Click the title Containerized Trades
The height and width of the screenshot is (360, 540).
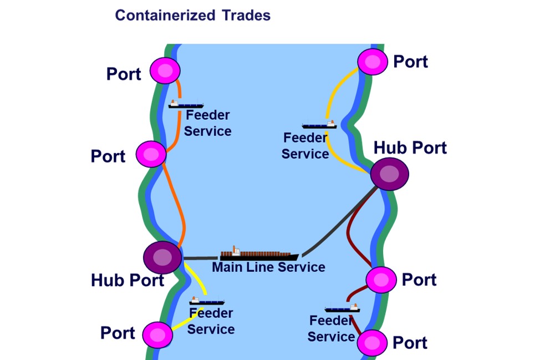[x=192, y=15]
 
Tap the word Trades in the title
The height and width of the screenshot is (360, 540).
[x=246, y=15]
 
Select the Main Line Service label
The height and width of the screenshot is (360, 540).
[x=268, y=267]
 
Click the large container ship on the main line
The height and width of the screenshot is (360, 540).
[x=259, y=255]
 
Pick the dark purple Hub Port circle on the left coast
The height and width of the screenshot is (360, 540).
[x=162, y=257]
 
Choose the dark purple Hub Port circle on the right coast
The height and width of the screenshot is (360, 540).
[x=390, y=174]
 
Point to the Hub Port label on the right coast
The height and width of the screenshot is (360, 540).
[x=410, y=148]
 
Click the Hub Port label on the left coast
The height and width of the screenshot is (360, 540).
[x=128, y=280]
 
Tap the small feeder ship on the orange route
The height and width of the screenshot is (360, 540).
[x=186, y=104]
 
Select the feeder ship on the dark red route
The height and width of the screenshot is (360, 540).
[x=342, y=308]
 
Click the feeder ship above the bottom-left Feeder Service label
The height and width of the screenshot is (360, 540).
[x=207, y=301]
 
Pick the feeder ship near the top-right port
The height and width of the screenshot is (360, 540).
[x=319, y=125]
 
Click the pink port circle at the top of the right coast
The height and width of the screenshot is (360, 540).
[x=373, y=61]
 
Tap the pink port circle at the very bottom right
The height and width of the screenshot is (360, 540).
[x=372, y=343]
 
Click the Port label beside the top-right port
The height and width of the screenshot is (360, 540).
[x=410, y=62]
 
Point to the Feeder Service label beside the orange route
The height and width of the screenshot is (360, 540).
[x=207, y=123]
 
